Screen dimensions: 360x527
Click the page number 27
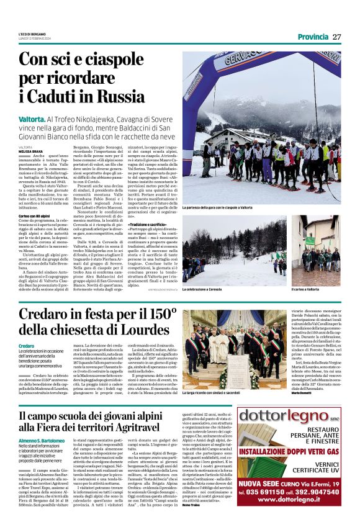[336, 37]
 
